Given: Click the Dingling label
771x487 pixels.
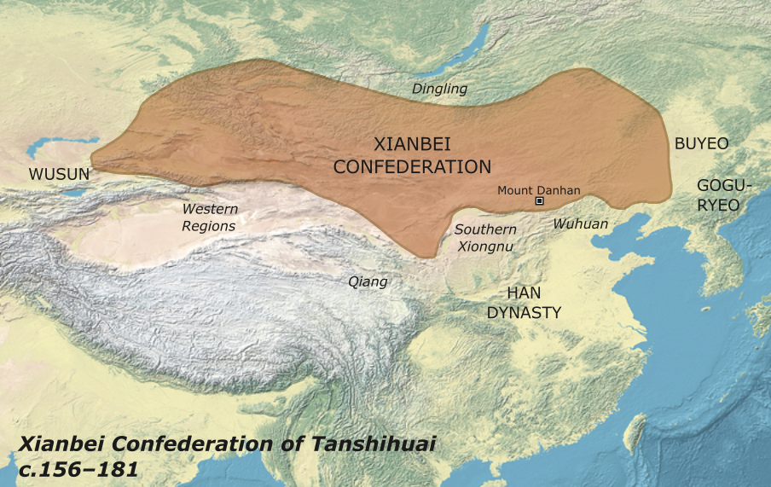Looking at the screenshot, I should click(x=439, y=88).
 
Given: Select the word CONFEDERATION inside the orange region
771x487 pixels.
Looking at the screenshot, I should click(x=412, y=167).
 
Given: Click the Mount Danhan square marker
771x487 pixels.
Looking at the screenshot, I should click(x=539, y=201).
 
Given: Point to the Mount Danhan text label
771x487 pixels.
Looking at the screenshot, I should click(x=538, y=190).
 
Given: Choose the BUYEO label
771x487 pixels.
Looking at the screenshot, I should click(x=701, y=144).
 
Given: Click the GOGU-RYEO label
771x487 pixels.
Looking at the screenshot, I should click(x=718, y=194).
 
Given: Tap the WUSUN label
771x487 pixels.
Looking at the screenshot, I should click(x=59, y=174).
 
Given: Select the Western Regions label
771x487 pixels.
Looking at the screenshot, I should click(x=209, y=217).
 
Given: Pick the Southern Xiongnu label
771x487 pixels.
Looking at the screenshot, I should click(x=485, y=238).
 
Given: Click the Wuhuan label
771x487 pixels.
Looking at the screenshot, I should click(x=581, y=223).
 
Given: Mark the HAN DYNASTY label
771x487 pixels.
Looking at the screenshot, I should click(x=524, y=303).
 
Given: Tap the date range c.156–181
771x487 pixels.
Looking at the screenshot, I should click(x=78, y=468).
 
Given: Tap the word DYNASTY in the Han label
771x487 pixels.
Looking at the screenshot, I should click(x=524, y=313).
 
